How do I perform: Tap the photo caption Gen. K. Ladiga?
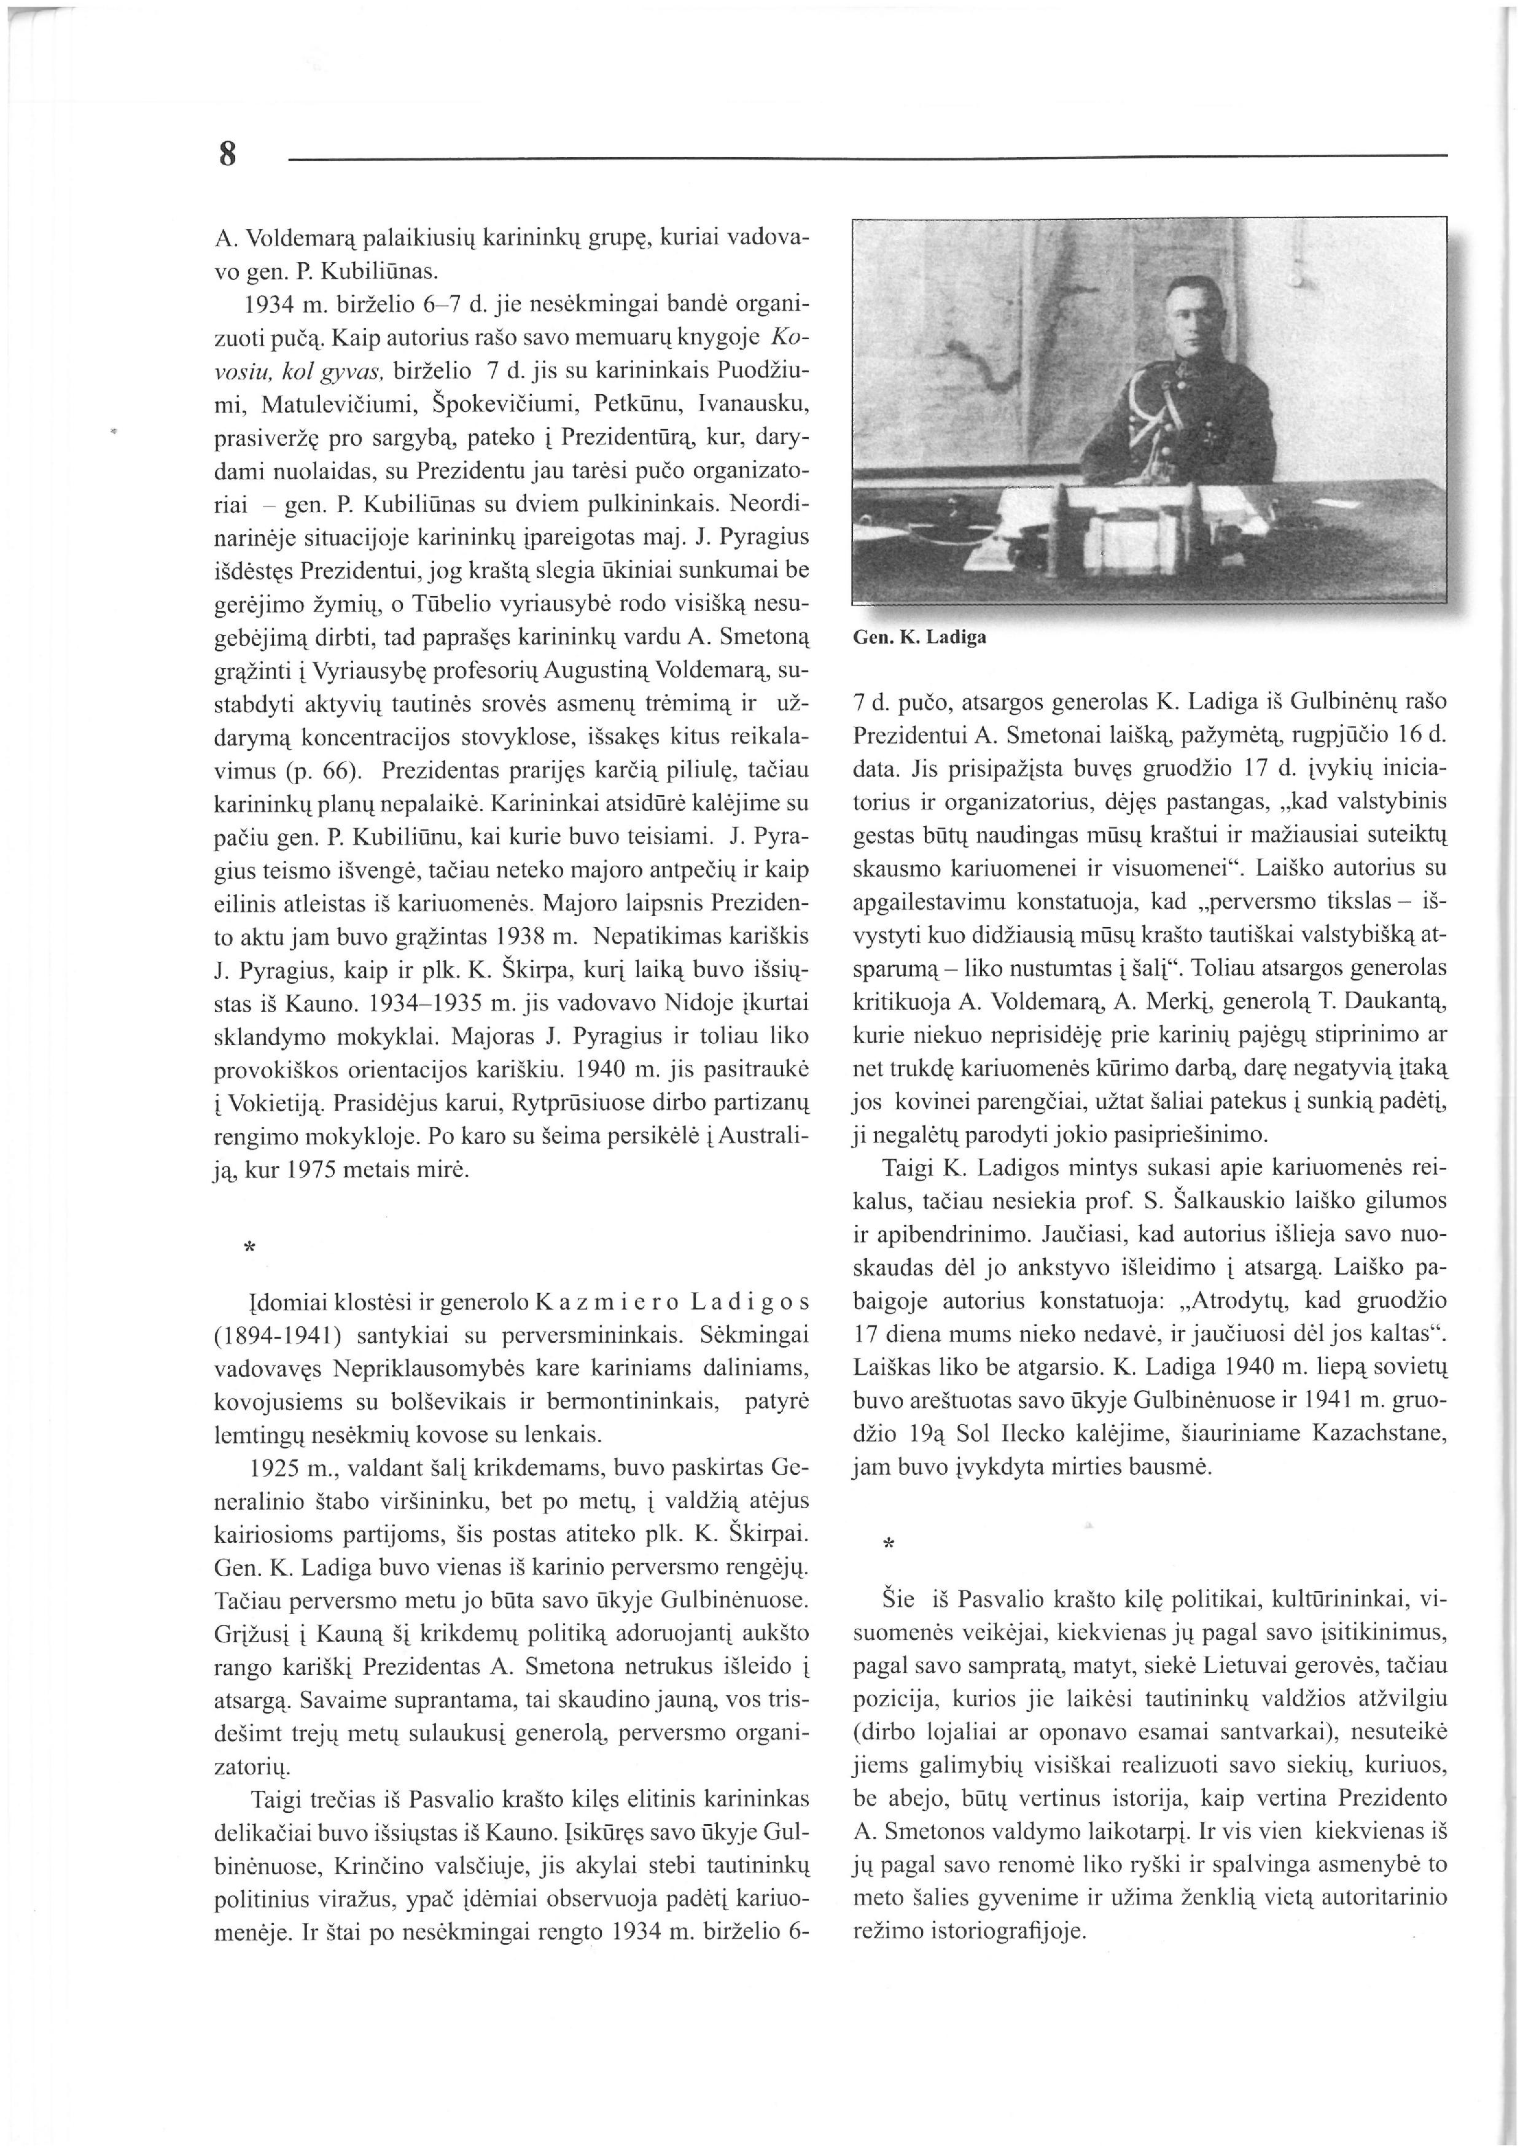919,638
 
